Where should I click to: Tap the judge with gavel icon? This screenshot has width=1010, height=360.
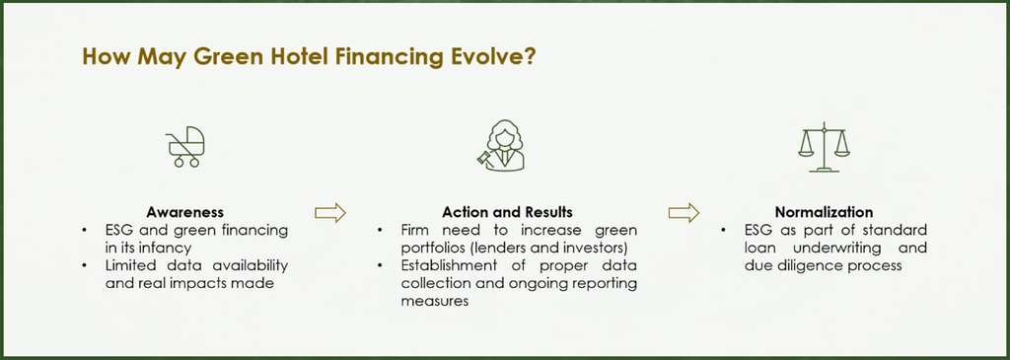pos(504,145)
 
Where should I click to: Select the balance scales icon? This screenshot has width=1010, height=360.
pos(824,146)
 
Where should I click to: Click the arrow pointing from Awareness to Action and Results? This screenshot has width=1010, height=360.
pos(329,212)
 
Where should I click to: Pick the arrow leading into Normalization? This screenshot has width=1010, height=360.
pos(684,212)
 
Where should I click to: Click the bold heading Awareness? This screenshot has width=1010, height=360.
pos(184,212)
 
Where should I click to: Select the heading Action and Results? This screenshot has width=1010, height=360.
pos(507,212)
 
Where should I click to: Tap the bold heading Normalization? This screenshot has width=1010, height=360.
pos(826,212)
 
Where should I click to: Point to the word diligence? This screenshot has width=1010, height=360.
pos(795,266)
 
